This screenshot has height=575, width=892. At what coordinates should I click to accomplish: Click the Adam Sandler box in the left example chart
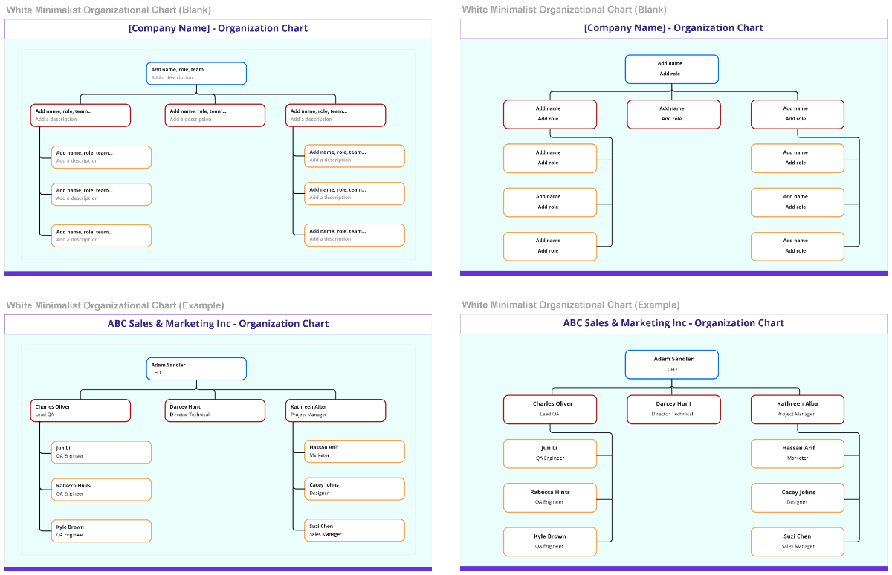[196, 368]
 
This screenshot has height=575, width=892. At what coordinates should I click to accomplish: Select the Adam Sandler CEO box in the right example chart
[672, 364]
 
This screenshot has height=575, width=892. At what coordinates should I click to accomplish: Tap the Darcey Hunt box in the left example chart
[215, 410]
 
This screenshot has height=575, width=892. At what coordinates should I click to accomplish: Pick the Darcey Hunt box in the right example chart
[673, 409]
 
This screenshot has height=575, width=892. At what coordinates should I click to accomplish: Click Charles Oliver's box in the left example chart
[80, 410]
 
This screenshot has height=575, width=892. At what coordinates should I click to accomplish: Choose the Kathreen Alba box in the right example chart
[797, 409]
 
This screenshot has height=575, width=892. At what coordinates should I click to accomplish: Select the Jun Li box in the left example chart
[101, 452]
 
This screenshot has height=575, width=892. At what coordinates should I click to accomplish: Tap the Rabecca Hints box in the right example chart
[550, 497]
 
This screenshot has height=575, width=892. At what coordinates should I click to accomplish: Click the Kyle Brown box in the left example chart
[101, 530]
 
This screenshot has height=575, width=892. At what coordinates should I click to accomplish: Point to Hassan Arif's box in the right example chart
[797, 453]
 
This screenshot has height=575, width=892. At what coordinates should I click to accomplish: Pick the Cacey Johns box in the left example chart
[355, 489]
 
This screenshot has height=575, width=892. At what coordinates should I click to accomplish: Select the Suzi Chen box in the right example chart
[797, 542]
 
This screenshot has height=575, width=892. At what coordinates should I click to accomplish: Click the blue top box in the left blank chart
[196, 74]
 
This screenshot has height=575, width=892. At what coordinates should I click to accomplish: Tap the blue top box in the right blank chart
[672, 69]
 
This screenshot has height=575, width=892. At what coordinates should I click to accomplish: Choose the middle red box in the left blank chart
[215, 115]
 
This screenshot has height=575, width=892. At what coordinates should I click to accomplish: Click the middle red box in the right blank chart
[673, 114]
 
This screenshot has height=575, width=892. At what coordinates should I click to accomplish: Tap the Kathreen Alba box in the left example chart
[335, 410]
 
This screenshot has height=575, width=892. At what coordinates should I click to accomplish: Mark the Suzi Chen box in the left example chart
[355, 530]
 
